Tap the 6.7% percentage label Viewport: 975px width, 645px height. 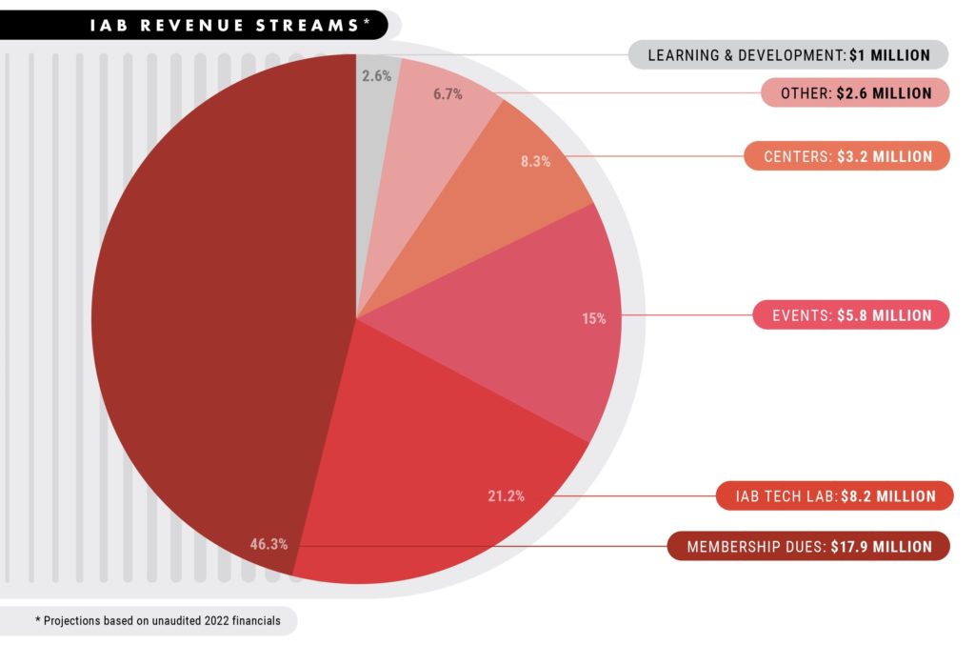click(x=448, y=95)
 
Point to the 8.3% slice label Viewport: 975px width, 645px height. click(x=535, y=162)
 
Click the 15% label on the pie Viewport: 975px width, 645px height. click(x=594, y=318)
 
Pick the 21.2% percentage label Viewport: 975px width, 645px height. click(x=505, y=495)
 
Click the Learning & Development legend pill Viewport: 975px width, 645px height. click(x=788, y=55)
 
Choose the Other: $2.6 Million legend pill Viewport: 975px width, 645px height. click(x=854, y=93)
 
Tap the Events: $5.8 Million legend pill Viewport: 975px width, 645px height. click(x=850, y=314)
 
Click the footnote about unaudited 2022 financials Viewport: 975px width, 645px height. click(x=157, y=620)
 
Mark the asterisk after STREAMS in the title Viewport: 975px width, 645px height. click(x=367, y=19)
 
